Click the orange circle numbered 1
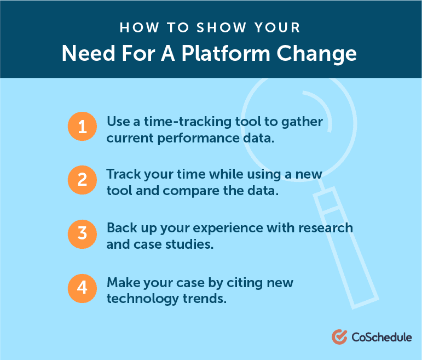(x=82, y=127)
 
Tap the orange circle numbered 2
(x=82, y=180)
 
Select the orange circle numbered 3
(x=82, y=234)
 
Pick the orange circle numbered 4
(x=82, y=288)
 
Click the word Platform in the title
(x=226, y=53)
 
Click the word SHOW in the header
(x=221, y=28)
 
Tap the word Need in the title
(x=89, y=53)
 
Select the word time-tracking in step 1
(x=188, y=122)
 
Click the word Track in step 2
(x=124, y=174)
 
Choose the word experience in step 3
(x=228, y=229)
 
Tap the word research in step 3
(x=326, y=228)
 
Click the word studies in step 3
(x=189, y=244)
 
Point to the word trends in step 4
(x=205, y=299)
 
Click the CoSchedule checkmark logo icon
(x=339, y=337)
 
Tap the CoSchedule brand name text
(x=381, y=338)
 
